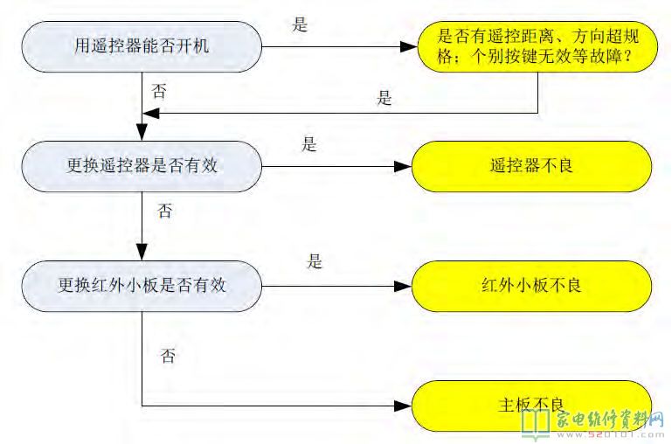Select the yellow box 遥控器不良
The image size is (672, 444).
531,164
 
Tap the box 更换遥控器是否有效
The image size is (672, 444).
142,164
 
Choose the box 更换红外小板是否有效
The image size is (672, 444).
142,285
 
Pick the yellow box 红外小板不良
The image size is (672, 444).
531,285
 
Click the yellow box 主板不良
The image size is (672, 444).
531,405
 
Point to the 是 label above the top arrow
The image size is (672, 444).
301,24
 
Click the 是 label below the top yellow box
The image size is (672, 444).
384,99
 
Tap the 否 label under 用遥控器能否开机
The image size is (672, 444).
160,91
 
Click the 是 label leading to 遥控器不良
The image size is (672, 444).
309,144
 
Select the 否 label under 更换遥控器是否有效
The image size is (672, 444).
164,211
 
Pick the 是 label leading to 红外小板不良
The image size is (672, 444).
315,260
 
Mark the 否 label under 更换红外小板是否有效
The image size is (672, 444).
169,356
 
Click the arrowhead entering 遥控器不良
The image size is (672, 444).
404,164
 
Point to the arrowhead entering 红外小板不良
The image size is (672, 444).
404,285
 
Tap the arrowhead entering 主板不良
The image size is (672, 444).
404,405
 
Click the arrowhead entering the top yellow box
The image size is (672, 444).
407,45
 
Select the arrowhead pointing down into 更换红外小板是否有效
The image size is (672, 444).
142,250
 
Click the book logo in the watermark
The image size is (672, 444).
535,422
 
